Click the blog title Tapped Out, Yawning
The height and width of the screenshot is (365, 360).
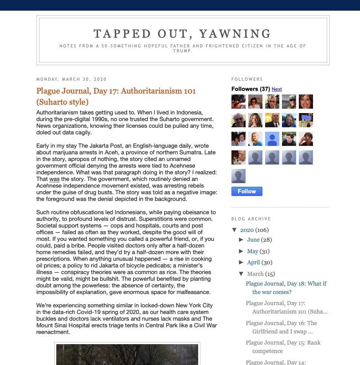183,34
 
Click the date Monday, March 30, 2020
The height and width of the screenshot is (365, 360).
71,79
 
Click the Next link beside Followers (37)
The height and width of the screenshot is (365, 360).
277,89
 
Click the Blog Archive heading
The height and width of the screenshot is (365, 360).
251,219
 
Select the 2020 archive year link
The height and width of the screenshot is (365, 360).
247,230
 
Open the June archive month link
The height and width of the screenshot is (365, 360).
253,239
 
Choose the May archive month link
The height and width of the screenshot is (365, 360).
252,251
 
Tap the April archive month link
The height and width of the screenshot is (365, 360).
253,262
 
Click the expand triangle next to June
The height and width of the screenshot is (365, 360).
241,239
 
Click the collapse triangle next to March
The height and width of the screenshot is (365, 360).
241,274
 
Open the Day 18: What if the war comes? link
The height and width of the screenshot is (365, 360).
286,288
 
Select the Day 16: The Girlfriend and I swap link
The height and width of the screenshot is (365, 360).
282,327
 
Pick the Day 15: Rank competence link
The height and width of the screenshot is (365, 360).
283,347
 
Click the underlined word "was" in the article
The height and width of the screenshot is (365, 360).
54,179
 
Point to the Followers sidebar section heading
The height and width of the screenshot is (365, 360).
247,79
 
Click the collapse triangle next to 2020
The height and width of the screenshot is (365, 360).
235,230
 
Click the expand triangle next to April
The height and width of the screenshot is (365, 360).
241,262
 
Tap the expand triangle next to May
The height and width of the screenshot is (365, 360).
241,251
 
